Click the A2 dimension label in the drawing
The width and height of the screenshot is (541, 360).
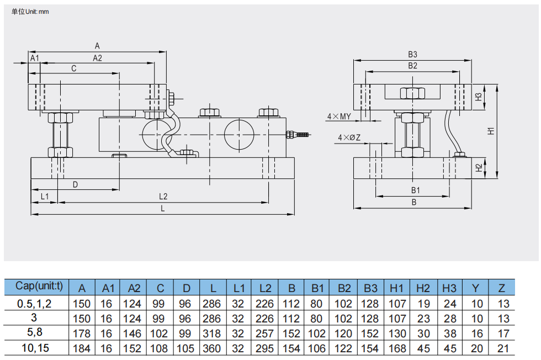[97, 58]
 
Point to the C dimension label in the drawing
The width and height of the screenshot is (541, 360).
[74, 68]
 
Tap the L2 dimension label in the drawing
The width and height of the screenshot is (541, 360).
[163, 197]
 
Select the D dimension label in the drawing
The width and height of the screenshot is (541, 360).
[75, 184]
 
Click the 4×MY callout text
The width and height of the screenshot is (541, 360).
[339, 117]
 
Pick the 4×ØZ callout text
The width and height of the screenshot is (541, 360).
[349, 137]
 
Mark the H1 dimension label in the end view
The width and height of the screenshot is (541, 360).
[491, 131]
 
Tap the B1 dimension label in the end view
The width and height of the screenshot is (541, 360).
[415, 190]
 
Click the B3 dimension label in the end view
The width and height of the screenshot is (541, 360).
[413, 54]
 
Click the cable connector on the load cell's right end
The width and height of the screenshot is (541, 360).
[298, 134]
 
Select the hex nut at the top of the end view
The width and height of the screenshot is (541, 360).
[412, 93]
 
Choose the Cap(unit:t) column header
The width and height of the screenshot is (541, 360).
[39, 286]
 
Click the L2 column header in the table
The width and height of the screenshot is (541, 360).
[266, 288]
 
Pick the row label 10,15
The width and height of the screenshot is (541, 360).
[35, 348]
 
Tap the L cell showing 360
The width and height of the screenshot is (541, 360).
[211, 348]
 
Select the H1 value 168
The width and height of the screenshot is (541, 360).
[397, 348]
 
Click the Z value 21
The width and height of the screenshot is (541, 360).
[503, 348]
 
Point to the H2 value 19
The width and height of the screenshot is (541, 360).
[423, 304]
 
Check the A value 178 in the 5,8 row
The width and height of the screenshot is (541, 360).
[82, 333]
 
